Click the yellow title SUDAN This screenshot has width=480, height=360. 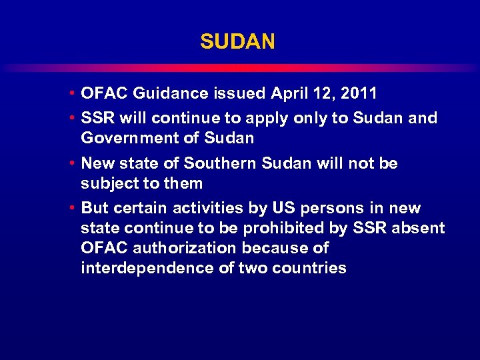(x=237, y=42)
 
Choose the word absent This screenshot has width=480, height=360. (x=417, y=228)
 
